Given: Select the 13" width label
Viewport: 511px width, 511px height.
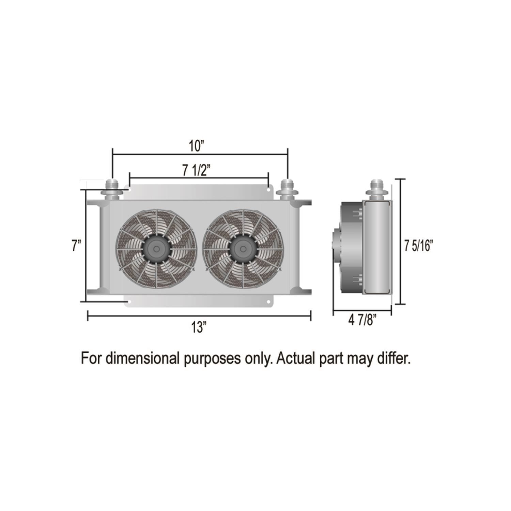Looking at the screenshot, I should [199, 328].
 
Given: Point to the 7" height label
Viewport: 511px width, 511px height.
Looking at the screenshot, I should [76, 246].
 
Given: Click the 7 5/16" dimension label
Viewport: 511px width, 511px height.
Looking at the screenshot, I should [418, 246].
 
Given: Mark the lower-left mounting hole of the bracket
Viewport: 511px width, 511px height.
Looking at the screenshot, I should [129, 302].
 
